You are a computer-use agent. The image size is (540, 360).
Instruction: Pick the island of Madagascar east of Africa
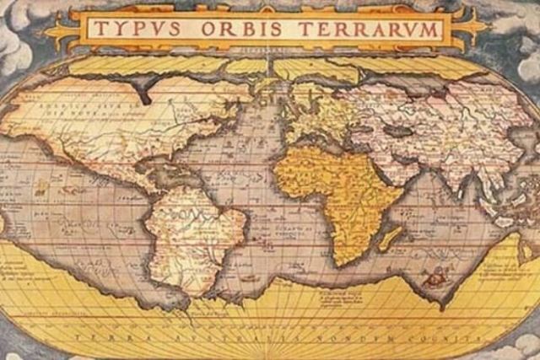tap(389, 239)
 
